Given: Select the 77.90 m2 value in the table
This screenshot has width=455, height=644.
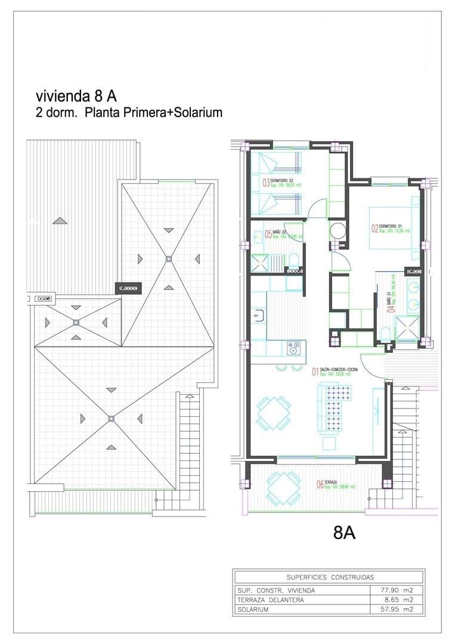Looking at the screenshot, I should click(397, 590).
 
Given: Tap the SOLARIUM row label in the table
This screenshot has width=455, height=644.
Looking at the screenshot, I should click(253, 609).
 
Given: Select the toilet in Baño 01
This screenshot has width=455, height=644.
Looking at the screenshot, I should click(385, 333).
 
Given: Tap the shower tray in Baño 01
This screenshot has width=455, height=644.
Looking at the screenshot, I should click(411, 325).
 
